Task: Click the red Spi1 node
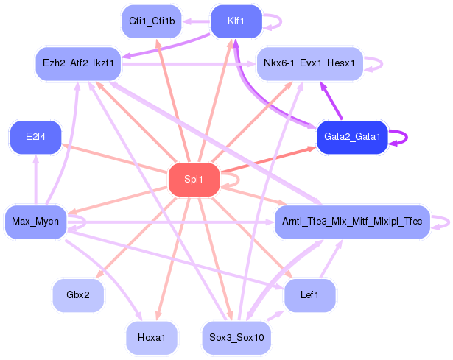pos(194,180)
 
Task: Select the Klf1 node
pos(236,21)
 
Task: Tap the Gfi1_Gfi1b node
pos(152,21)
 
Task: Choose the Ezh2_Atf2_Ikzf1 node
pos(79,63)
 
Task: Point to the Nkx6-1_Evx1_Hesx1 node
pos(309,63)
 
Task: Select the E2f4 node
pos(35,138)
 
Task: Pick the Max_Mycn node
pos(35,221)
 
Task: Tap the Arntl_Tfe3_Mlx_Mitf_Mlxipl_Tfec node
pos(351,222)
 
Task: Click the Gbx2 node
pos(78,295)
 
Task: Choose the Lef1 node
pos(310,295)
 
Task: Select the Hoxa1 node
pos(152,337)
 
